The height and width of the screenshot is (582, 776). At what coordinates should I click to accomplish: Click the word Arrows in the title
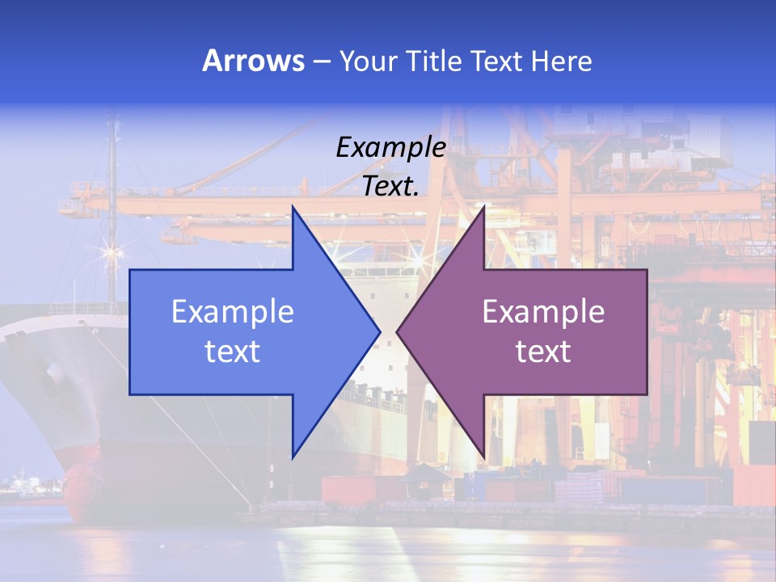click(253, 61)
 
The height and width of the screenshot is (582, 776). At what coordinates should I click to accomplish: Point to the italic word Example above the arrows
click(390, 148)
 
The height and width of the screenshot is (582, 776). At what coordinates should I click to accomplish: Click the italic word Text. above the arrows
click(390, 187)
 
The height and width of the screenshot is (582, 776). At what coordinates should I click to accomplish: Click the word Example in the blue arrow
click(233, 312)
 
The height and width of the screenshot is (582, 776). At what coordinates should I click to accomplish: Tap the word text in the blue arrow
click(233, 352)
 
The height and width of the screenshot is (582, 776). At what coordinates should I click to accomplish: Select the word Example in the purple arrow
click(543, 312)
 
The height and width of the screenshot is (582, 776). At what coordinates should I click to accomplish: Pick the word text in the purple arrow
click(543, 352)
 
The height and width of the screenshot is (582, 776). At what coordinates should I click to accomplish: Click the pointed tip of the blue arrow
click(378, 331)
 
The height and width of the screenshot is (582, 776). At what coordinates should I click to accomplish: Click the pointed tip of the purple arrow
click(399, 331)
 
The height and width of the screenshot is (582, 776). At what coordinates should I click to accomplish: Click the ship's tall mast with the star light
click(112, 210)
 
